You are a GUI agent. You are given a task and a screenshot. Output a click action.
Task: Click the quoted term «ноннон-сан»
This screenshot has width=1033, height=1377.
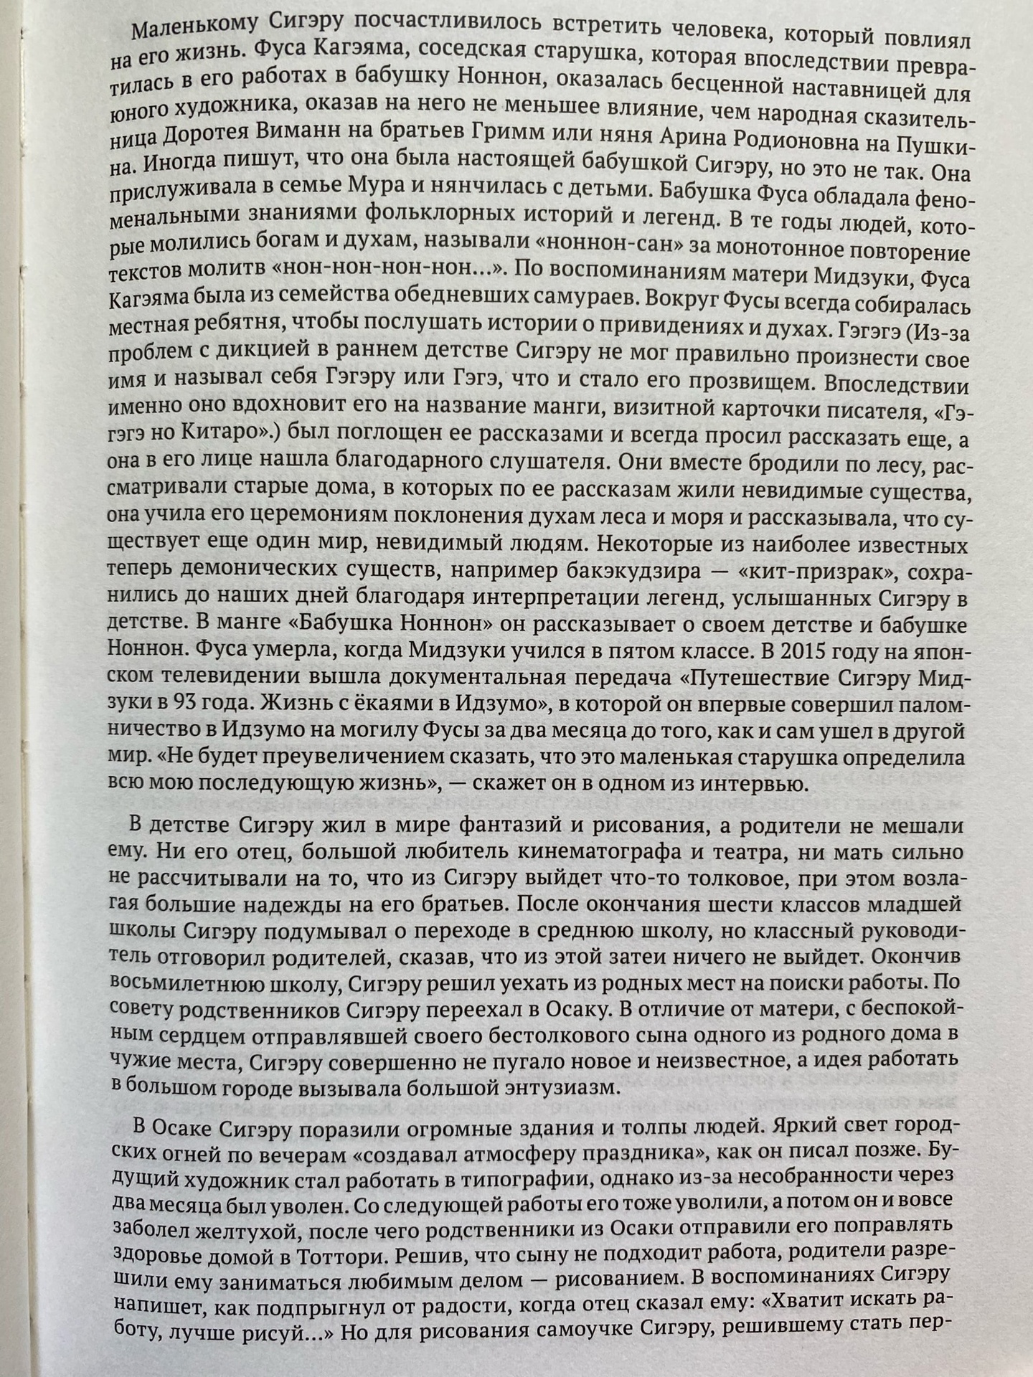612,245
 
